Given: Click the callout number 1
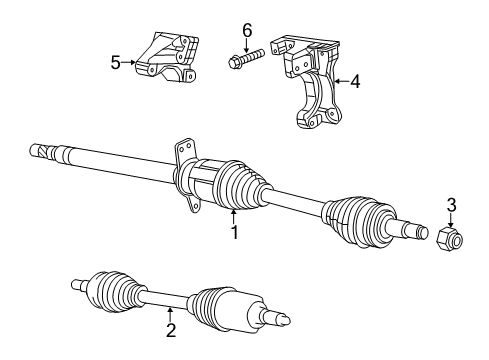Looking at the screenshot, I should click(x=234, y=234).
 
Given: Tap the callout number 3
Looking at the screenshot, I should click(x=451, y=205).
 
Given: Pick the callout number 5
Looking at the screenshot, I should click(x=116, y=62).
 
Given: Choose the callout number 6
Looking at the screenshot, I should click(x=247, y=31).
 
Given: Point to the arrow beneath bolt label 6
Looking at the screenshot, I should click(x=247, y=45).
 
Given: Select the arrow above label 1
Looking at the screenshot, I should click(x=234, y=216).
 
